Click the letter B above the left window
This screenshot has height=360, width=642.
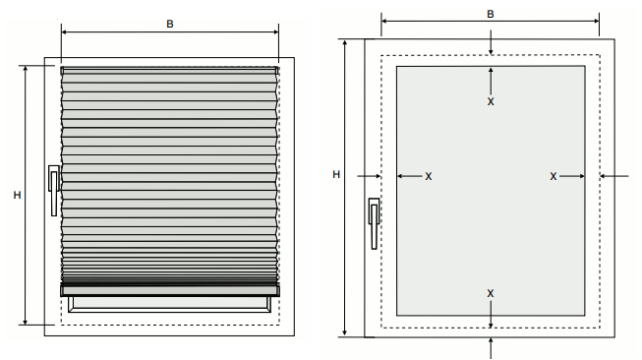tap(170, 25)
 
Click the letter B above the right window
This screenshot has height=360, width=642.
tap(491, 15)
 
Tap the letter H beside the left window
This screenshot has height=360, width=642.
tap(17, 195)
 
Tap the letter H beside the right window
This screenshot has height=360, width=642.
tap(336, 174)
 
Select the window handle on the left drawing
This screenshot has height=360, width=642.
tap(54, 190)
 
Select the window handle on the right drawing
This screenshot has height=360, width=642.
tap(374, 223)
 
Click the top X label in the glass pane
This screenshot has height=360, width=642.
tap(491, 101)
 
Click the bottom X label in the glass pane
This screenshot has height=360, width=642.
tap(491, 293)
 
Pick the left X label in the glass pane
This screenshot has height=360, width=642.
tap(429, 176)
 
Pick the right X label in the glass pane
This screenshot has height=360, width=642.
tap(554, 176)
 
